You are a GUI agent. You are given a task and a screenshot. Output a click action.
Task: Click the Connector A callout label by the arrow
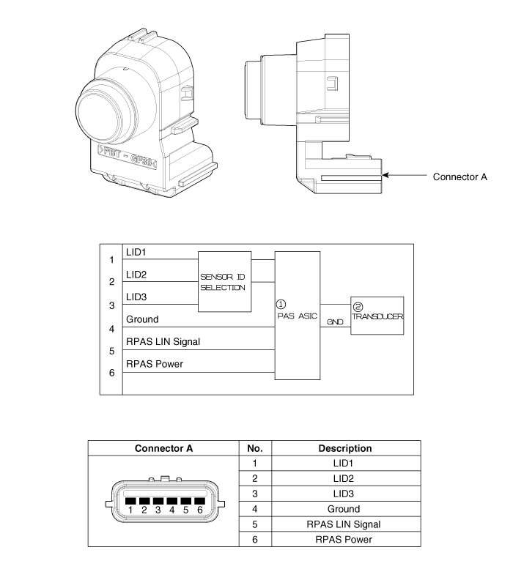460,176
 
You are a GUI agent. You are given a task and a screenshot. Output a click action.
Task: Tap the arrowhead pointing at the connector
386,176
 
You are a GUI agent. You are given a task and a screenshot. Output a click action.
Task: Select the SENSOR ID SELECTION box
224,283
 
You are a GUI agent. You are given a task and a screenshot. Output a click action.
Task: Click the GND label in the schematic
334,323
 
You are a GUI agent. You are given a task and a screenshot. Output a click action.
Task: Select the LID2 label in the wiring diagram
136,275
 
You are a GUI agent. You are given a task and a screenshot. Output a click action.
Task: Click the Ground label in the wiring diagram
144,319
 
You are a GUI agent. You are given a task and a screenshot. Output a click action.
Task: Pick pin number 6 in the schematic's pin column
111,373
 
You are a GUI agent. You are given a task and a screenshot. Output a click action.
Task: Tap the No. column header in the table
256,448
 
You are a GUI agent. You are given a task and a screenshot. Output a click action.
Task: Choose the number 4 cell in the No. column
256,509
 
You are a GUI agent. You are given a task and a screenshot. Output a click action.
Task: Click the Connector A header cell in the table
164,448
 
